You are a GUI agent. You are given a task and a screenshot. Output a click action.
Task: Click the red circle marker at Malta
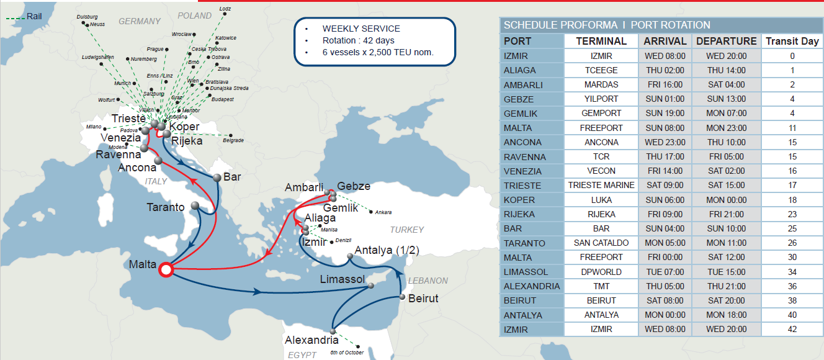coord(165,270)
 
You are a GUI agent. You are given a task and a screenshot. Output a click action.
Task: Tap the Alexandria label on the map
coord(311,340)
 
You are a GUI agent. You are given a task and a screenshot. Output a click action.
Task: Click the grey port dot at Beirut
coord(403,298)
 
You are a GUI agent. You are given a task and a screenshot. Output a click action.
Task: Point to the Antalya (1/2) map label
coord(387,250)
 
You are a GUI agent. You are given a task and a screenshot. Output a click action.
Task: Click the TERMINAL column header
coord(601,41)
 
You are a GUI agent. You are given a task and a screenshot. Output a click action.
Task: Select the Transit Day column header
coord(792,41)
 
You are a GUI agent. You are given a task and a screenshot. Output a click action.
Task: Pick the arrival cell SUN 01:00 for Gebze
coord(665,99)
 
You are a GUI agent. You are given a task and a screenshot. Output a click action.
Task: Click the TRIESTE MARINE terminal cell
coord(601,185)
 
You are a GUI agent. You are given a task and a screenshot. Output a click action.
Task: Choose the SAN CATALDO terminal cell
coord(601,243)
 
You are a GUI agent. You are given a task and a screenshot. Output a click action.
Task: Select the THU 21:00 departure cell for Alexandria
coord(727,286)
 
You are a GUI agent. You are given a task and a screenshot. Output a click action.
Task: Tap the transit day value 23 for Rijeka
coord(792,214)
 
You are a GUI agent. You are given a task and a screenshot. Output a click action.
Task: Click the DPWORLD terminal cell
coord(601,272)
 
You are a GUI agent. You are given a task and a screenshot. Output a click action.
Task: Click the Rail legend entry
coord(34,16)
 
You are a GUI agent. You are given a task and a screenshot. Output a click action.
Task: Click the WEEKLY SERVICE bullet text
coord(361,29)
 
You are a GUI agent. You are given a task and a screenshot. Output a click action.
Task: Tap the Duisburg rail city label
coord(86,17)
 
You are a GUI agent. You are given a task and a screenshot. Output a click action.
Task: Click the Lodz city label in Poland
coord(225,9)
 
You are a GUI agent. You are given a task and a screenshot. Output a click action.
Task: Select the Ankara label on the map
coord(383,212)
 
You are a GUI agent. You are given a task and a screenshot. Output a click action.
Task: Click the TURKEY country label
coord(406,230)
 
